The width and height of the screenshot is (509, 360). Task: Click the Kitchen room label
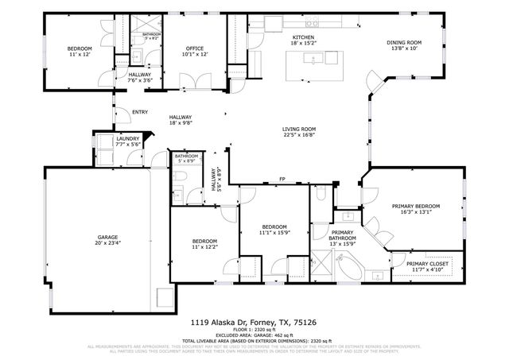click(x=303, y=37)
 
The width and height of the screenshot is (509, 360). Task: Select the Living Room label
click(x=299, y=129)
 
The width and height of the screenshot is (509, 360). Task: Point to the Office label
click(x=195, y=48)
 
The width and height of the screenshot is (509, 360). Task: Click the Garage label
click(x=108, y=237)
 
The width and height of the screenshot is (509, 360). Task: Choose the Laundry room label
click(x=105, y=139)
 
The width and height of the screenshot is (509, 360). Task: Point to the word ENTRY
click(x=140, y=112)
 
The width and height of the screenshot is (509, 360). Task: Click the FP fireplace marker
click(x=282, y=180)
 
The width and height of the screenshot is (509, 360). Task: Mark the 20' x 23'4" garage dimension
click(x=108, y=244)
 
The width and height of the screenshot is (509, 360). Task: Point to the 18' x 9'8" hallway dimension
click(x=181, y=123)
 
